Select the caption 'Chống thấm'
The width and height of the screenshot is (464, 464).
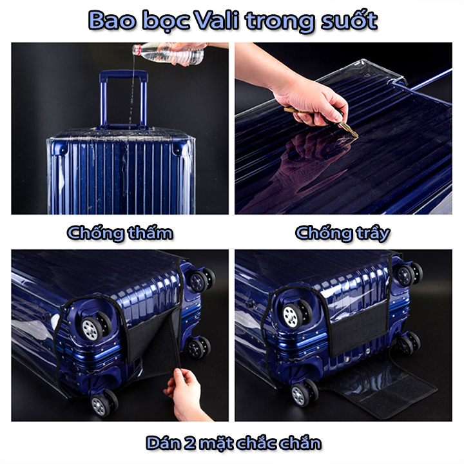[120, 233]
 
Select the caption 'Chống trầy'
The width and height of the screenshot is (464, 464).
[343, 233]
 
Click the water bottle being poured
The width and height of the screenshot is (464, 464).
[168, 53]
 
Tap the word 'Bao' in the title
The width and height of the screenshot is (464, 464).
[112, 21]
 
